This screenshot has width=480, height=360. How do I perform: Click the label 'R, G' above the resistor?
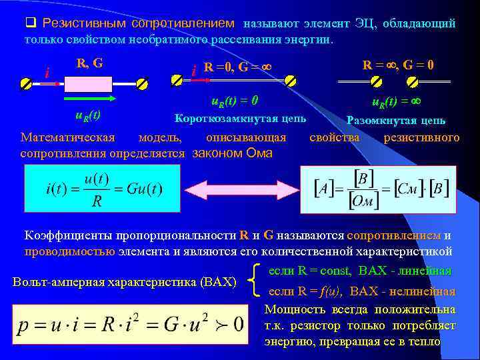pos(89,64)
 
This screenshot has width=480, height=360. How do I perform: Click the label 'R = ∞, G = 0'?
pos(399,65)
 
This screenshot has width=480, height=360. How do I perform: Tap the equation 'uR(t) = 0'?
pos(235,102)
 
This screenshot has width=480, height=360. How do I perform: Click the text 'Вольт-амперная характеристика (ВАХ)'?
pos(125,282)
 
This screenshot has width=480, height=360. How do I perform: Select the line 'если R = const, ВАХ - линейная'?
pos(360,271)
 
